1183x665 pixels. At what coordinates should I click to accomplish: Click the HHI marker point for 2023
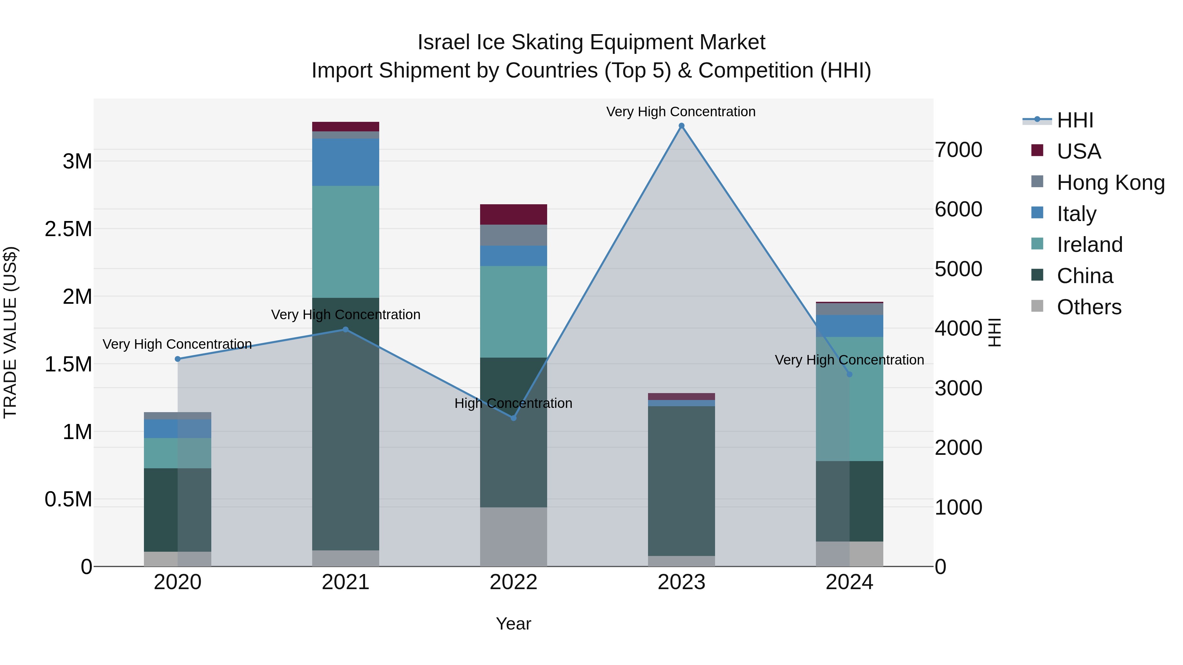[x=682, y=126]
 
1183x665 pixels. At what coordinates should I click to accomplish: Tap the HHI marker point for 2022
[x=513, y=418]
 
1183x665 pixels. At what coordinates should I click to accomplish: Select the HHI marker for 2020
[x=178, y=359]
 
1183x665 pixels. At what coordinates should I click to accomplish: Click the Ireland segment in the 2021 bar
[x=345, y=242]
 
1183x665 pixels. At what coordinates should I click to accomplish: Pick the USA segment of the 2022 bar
[x=513, y=214]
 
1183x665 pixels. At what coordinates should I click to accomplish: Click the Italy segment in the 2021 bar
[x=345, y=162]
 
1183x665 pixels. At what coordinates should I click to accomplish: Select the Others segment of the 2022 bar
[x=513, y=537]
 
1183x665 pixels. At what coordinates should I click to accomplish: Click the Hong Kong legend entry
[x=1110, y=183]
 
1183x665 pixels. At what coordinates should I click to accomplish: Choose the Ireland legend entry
[x=1089, y=245]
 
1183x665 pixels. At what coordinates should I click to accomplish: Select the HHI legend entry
[x=1075, y=120]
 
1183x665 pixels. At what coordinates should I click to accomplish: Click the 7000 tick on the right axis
[x=959, y=150]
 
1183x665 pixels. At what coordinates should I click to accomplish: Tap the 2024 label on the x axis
[x=849, y=582]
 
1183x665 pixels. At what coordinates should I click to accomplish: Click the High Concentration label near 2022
[x=513, y=403]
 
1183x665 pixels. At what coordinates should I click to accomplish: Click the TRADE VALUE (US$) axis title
[x=10, y=332]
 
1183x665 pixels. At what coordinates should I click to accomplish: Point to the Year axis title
[x=513, y=624]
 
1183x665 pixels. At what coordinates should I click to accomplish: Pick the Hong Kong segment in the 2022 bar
[x=513, y=235]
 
